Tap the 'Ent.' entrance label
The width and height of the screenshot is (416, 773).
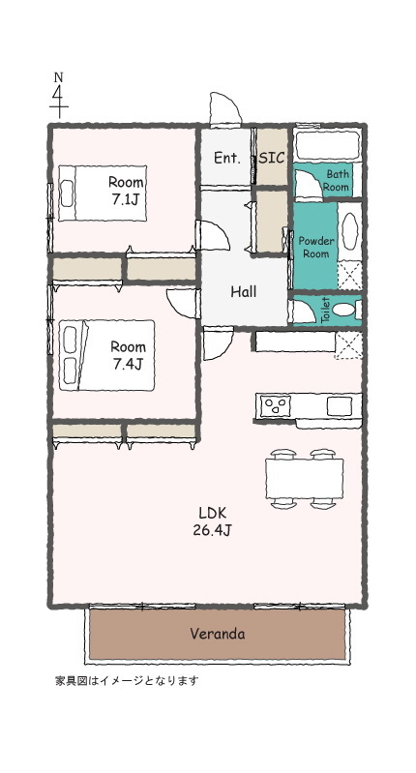(x=226, y=158)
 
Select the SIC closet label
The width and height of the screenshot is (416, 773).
(x=272, y=158)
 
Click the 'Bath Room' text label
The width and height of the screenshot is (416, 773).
(x=336, y=180)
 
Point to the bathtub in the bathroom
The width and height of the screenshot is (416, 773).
(x=326, y=147)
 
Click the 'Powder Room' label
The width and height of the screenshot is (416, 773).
(x=314, y=247)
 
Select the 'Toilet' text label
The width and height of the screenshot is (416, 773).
(x=325, y=311)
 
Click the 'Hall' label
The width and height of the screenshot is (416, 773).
(x=243, y=291)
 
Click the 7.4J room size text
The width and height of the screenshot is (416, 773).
(x=127, y=365)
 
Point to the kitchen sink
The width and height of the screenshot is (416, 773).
(x=340, y=404)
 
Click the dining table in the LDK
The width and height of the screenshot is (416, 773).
(x=304, y=478)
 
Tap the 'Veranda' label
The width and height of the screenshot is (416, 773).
(x=216, y=635)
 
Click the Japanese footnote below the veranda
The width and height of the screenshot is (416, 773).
(x=127, y=680)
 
